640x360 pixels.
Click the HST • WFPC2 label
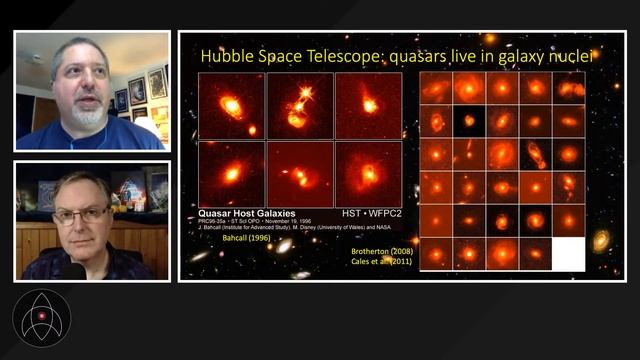click(x=367, y=214)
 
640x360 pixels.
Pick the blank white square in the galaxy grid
click(x=568, y=254)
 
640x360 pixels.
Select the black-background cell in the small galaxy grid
click(x=469, y=121)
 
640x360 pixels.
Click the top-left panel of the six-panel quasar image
click(x=231, y=105)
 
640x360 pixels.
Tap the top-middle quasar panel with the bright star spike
click(x=299, y=105)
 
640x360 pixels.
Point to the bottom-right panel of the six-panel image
click(x=368, y=173)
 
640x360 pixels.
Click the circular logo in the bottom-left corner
click(x=42, y=319)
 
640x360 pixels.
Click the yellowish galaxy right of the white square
click(x=600, y=241)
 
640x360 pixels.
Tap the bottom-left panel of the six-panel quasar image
click(x=231, y=173)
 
